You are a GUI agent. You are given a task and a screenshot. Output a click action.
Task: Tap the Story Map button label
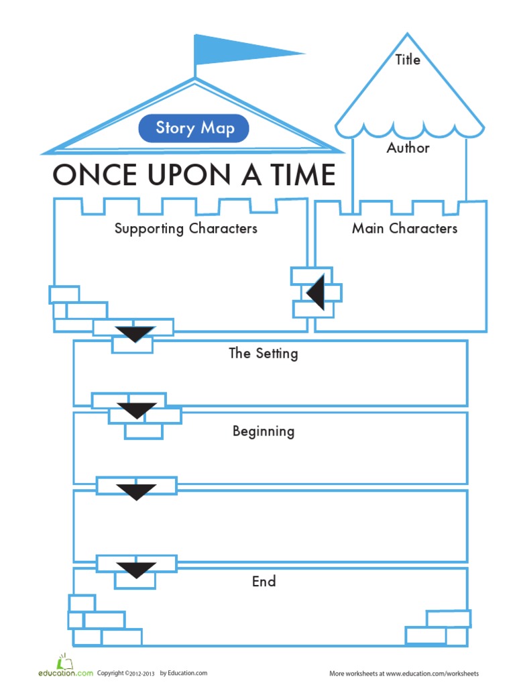(194, 128)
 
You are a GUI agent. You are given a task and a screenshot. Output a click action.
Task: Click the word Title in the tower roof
(408, 60)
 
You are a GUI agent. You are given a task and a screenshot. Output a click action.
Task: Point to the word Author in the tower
(408, 148)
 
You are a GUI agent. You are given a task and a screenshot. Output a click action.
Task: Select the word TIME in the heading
(299, 175)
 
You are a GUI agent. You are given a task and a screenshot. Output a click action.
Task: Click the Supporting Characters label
(186, 228)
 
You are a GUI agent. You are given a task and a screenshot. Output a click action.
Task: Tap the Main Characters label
(404, 228)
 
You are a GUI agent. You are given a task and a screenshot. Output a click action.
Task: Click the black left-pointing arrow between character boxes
(317, 293)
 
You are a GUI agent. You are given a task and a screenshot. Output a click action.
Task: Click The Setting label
(264, 353)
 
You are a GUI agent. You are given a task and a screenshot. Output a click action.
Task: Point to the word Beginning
(264, 431)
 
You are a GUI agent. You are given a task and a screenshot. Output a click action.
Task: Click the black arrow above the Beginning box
(137, 410)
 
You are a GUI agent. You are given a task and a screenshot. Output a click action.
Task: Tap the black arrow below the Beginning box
(137, 492)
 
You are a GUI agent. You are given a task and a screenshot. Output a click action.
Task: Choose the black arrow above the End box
(137, 570)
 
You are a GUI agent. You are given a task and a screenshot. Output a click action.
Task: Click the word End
(264, 582)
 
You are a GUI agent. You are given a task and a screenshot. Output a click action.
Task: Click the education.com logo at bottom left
(65, 669)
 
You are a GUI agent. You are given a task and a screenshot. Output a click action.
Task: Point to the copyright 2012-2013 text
(127, 673)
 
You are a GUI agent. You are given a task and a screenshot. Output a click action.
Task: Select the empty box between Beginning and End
(270, 526)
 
